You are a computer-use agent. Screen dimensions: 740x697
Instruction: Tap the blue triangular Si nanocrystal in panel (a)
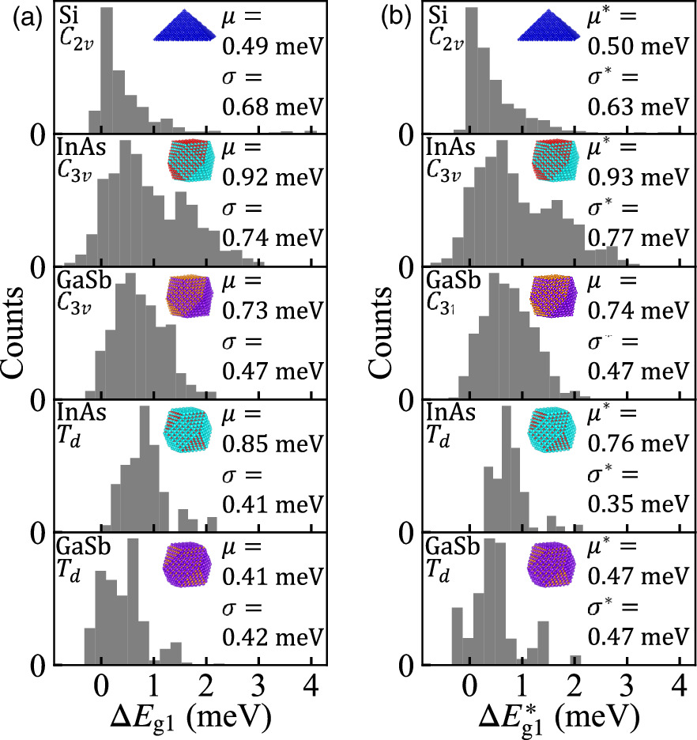pyautogui.click(x=187, y=25)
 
